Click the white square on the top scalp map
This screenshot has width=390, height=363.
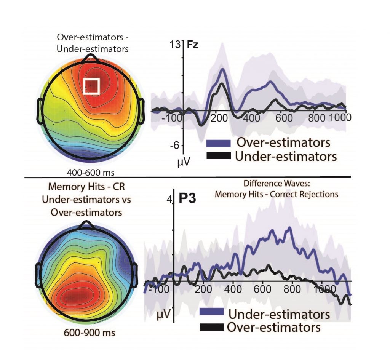tap(91, 86)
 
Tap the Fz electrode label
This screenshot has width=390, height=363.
tap(192, 45)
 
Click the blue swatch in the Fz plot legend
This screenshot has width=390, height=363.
tap(218, 143)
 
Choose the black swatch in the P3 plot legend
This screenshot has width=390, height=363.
tap(212, 327)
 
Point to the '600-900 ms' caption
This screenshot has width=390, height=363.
tap(89, 333)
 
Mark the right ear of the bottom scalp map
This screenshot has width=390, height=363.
tap(139, 273)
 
